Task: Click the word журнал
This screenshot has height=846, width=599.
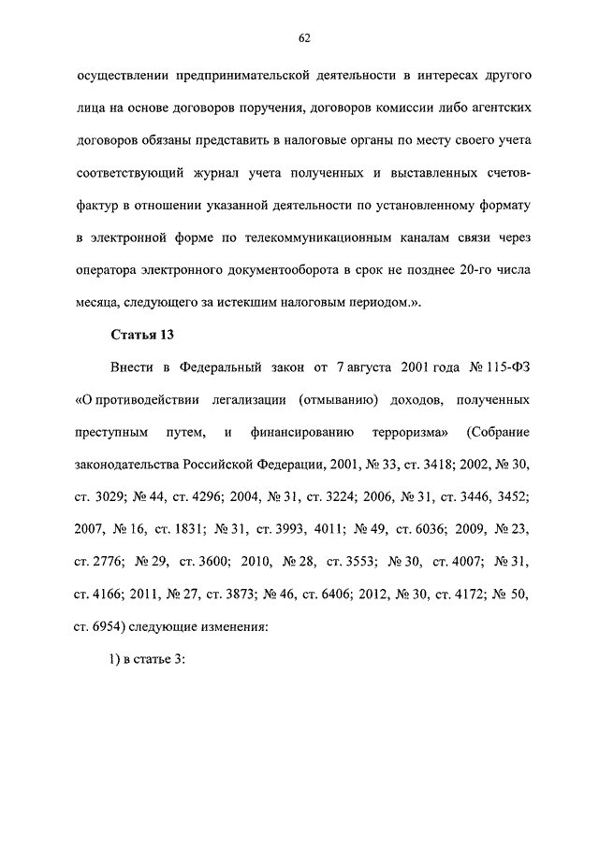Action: click(x=243, y=172)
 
